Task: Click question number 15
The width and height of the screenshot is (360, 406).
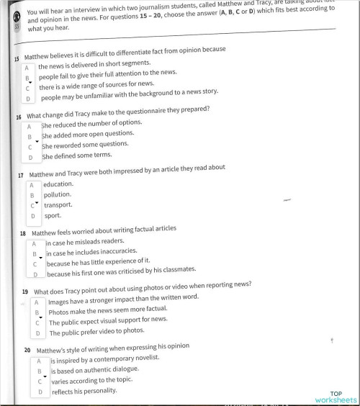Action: click(17, 58)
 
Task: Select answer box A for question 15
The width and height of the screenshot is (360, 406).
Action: click(27, 68)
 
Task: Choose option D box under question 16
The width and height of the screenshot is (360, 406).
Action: click(31, 157)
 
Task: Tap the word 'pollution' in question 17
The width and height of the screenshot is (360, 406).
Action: click(57, 194)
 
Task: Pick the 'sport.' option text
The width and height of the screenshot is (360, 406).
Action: click(53, 215)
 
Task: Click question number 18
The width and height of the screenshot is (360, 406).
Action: click(24, 234)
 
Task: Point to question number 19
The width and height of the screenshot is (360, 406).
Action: click(25, 293)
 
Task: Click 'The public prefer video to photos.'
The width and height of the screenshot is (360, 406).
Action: click(96, 333)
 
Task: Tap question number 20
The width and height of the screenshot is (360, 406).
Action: click(27, 350)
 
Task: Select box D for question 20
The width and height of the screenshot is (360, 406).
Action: click(40, 392)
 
